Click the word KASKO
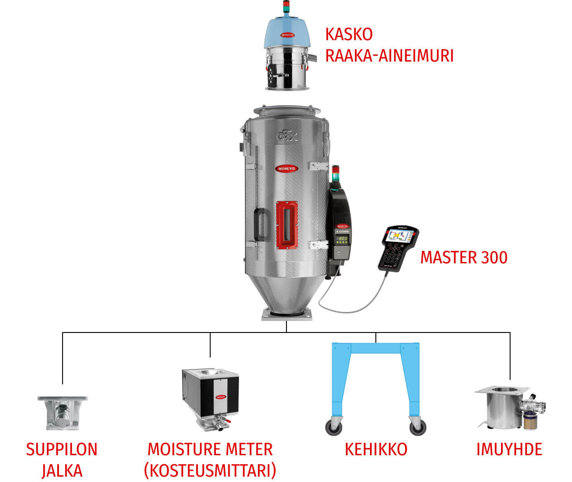click(x=349, y=34)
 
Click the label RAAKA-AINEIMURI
click(x=389, y=56)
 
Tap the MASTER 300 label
click(x=463, y=258)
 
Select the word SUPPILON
click(x=62, y=449)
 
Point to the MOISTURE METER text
click(x=210, y=449)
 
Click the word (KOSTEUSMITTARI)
click(x=210, y=470)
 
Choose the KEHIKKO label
click(x=376, y=449)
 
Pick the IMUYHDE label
click(x=509, y=449)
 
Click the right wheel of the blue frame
click(x=417, y=428)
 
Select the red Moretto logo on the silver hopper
click(x=286, y=168)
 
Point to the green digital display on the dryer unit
click(x=343, y=239)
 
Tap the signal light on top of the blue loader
click(x=286, y=7)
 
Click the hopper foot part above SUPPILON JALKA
click(x=62, y=413)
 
